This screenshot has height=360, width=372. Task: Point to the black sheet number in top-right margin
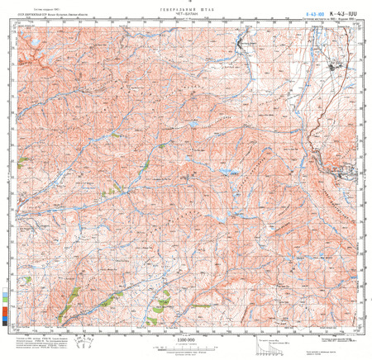(341, 13)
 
